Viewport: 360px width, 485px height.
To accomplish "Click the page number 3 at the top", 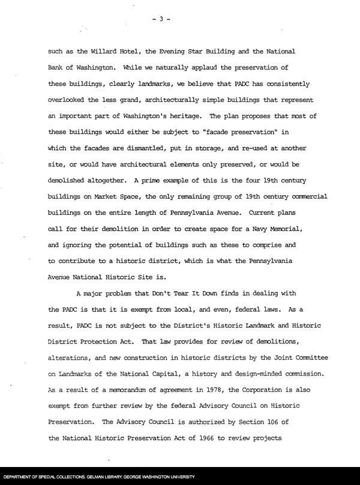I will tap(161, 19).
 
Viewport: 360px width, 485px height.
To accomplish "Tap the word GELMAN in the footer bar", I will tap(93, 478).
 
